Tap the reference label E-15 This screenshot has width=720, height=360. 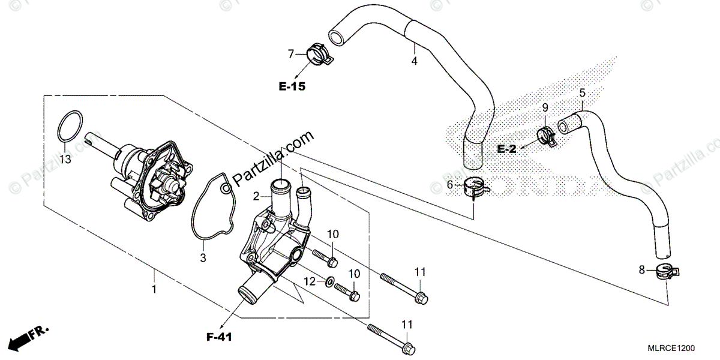292,87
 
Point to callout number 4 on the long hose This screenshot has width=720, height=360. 414,61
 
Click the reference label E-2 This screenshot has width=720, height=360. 507,149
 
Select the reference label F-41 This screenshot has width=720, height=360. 219,337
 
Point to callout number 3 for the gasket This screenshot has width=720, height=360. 203,258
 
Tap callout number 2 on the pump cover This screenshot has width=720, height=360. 256,196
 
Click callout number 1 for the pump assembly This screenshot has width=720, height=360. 154,289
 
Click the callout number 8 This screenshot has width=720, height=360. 642,271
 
